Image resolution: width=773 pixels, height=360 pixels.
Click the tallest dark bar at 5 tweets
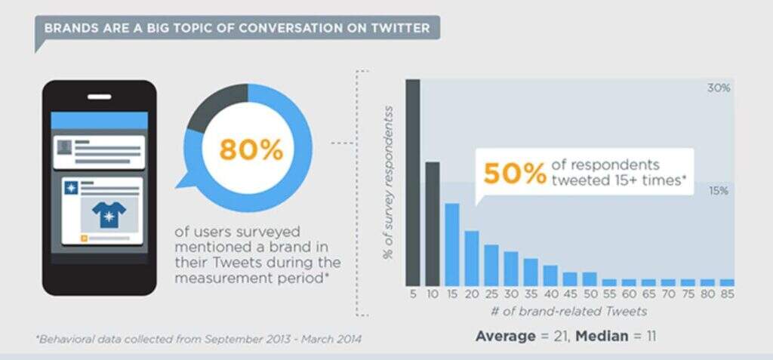[412, 181]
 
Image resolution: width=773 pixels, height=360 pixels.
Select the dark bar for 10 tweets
[432, 223]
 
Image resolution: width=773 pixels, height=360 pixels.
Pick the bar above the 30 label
[510, 268]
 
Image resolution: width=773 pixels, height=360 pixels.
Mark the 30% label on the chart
[718, 88]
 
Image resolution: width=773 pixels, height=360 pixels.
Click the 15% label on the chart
[718, 191]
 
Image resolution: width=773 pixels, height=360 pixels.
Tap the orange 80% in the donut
[251, 149]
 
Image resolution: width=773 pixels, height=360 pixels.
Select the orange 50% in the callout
[515, 174]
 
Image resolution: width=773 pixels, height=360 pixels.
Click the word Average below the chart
[504, 336]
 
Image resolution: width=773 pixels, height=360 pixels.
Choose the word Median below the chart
[601, 336]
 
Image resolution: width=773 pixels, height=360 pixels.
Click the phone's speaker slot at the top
[99, 97]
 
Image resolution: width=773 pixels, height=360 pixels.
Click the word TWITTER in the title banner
[400, 29]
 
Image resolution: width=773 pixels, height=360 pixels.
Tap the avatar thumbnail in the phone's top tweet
[66, 146]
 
